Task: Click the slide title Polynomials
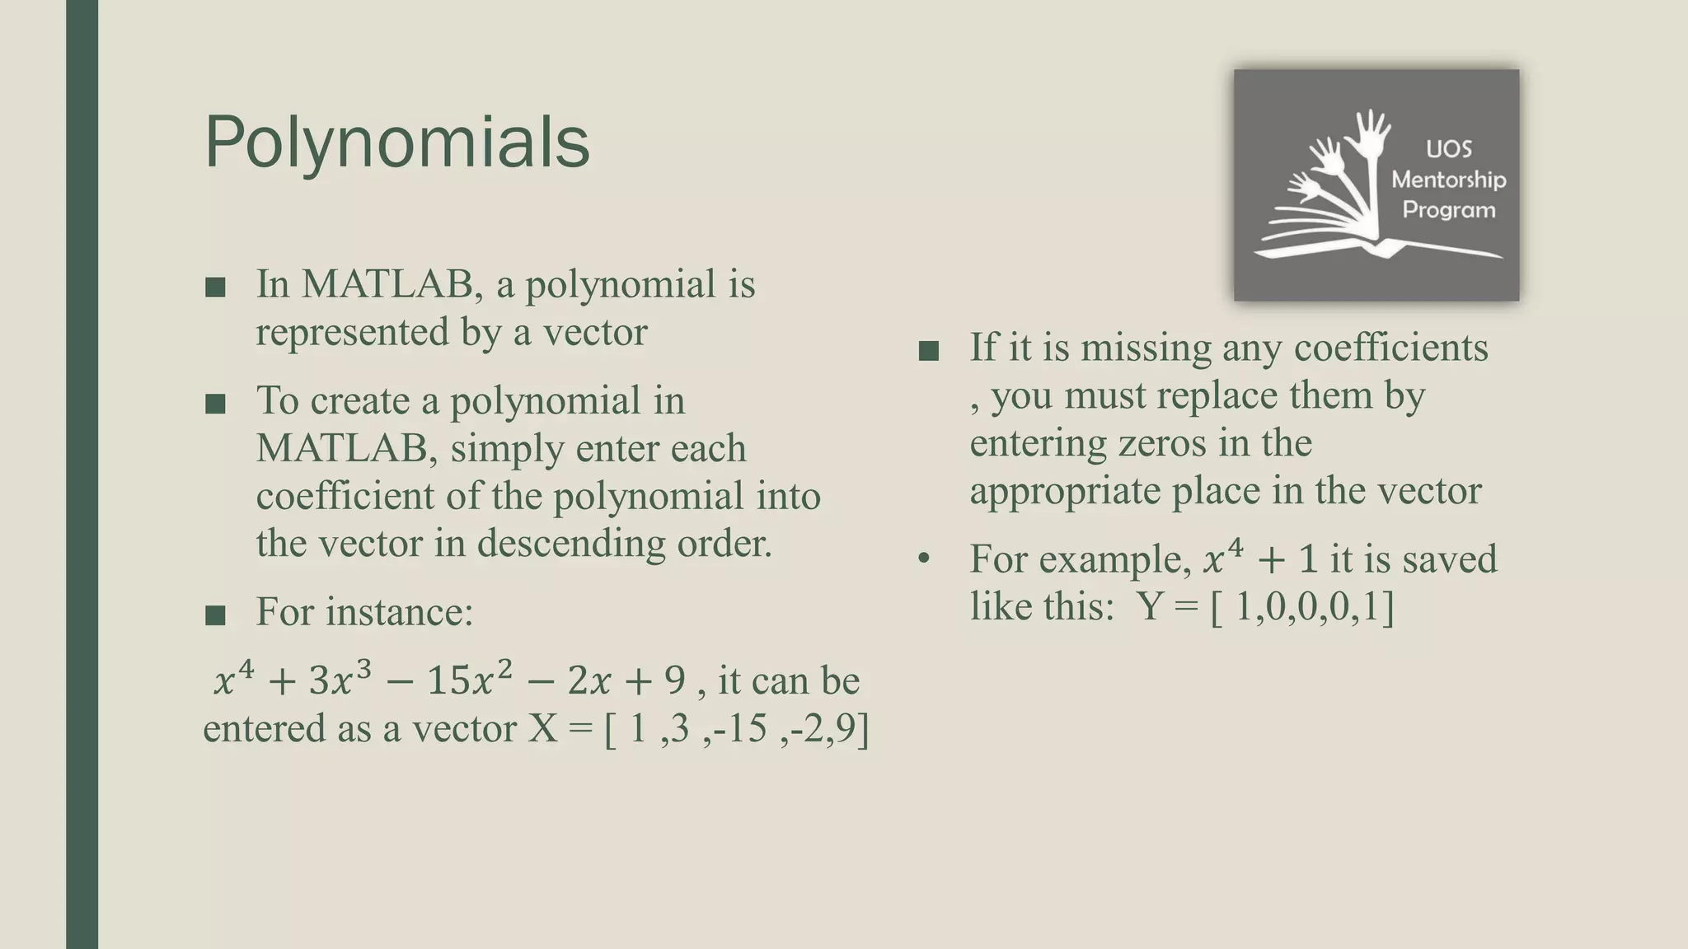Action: [x=396, y=143]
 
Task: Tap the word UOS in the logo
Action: [x=1448, y=149]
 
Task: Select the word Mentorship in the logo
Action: [x=1448, y=180]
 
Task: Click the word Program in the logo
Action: [x=1448, y=210]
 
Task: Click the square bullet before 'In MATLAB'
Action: [x=215, y=287]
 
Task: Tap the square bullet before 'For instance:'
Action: [x=215, y=615]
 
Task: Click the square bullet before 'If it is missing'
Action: [x=929, y=351]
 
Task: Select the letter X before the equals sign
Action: [x=542, y=728]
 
